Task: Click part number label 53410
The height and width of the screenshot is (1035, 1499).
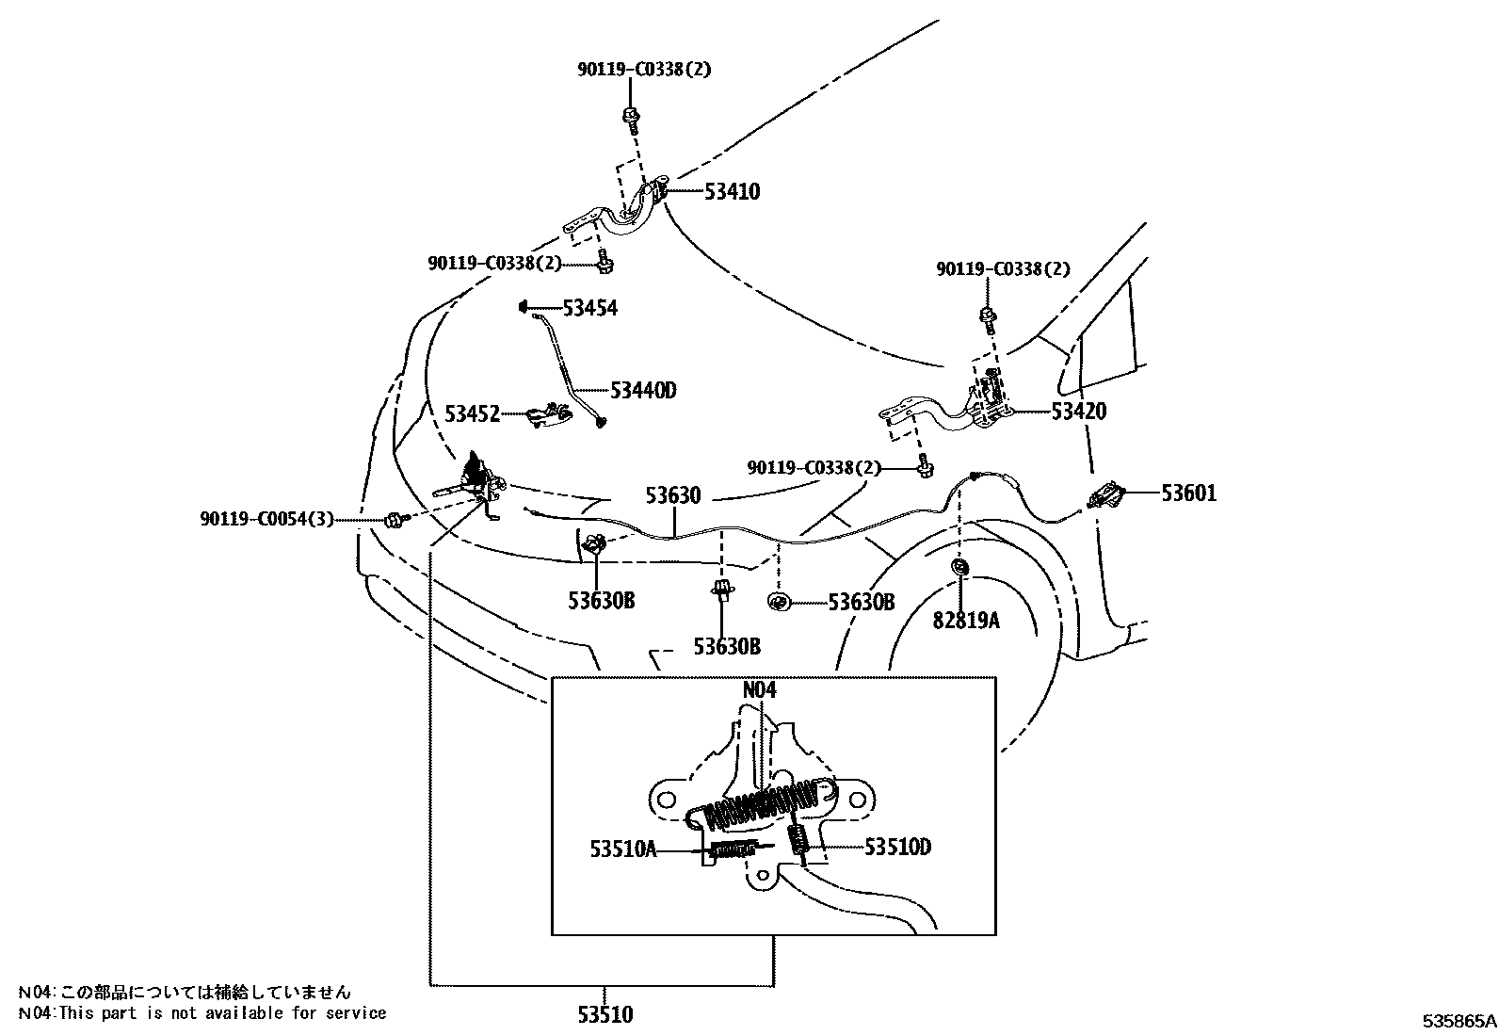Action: pos(732,192)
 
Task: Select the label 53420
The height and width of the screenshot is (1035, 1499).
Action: pos(1079,412)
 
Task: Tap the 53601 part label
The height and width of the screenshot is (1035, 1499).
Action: pos(1188,493)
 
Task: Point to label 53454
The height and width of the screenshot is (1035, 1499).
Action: pos(589,308)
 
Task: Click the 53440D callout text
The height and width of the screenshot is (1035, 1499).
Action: pos(643,390)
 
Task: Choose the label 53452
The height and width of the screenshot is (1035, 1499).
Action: pos(472,413)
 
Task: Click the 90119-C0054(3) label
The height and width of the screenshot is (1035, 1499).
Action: pos(266,519)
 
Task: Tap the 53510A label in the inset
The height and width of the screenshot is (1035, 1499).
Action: pos(623,849)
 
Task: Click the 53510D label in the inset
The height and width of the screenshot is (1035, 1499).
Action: pos(897,847)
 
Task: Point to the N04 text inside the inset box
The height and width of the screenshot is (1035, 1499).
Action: pos(759,689)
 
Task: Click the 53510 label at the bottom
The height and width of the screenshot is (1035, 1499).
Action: pos(604,1014)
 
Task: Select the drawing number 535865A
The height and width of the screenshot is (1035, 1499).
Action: pos(1459,1020)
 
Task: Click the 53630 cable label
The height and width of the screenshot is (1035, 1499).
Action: pos(672,495)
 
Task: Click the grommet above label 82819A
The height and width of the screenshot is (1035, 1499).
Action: pos(960,568)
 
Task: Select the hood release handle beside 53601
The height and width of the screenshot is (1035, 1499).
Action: pos(1108,494)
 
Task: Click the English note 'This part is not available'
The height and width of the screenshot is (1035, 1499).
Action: pos(202,1013)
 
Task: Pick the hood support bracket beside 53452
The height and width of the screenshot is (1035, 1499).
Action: pos(549,414)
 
